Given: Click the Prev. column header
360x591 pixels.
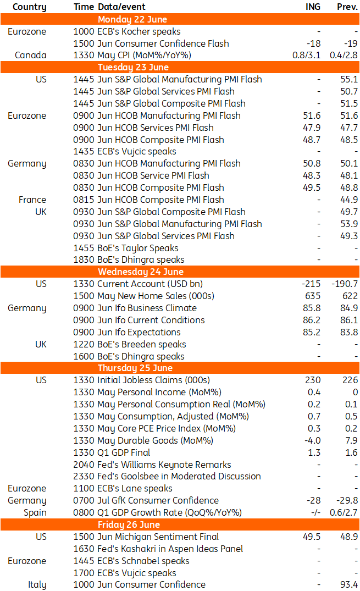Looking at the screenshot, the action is point(347,7).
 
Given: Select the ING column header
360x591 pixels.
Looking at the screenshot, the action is point(313,7).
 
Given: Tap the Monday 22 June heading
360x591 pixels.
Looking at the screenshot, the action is point(132,19).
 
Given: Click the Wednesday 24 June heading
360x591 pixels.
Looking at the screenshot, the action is point(141,272).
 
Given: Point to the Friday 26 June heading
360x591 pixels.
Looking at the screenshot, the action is point(129,524).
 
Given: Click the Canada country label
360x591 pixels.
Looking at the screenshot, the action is point(31,55).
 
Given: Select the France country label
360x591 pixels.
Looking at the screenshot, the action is point(32,200).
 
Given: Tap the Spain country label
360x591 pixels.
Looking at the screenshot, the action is point(35,512).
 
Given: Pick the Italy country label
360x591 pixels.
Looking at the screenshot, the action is point(37,584).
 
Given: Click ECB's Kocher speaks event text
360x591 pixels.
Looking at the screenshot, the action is point(139,31).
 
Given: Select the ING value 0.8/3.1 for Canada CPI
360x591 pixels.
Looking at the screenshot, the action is point(307,55).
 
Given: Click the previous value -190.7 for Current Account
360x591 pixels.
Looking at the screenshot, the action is point(345,284).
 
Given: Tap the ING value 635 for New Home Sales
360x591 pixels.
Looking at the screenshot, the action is point(313,296).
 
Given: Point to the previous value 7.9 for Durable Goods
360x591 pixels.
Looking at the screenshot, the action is point(351,440).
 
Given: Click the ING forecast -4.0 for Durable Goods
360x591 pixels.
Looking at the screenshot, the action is point(313,440).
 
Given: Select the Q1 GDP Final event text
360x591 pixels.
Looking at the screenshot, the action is point(124,452).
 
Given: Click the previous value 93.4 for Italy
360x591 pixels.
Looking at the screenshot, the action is point(349,584).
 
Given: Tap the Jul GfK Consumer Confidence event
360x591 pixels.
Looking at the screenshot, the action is point(158,500).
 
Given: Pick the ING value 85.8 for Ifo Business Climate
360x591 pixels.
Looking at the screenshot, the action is point(312,308).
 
